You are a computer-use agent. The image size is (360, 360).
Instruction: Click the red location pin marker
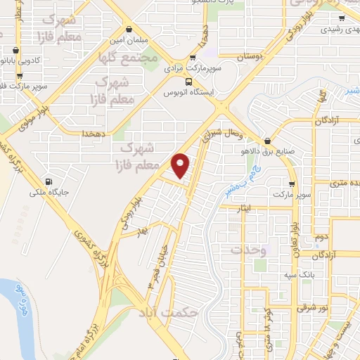pyautogui.click(x=181, y=165)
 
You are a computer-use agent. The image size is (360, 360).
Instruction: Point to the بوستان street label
pyautogui.click(x=252, y=54)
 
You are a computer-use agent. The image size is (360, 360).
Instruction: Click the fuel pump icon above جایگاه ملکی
pyautogui.click(x=46, y=179)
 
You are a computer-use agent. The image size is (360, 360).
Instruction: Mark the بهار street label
pyautogui.click(x=143, y=231)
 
